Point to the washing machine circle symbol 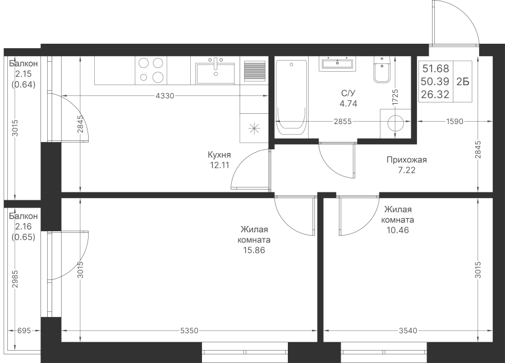pyautogui.click(x=396, y=123)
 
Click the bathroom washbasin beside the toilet pyautogui.click(x=337, y=63)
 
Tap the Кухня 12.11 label pyautogui.click(x=219, y=160)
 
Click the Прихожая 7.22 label pyautogui.click(x=406, y=165)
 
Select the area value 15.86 pyautogui.click(x=254, y=251)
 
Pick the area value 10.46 pyautogui.click(x=397, y=229)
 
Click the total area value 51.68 pyautogui.click(x=435, y=69)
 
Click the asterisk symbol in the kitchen pyautogui.click(x=254, y=128)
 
